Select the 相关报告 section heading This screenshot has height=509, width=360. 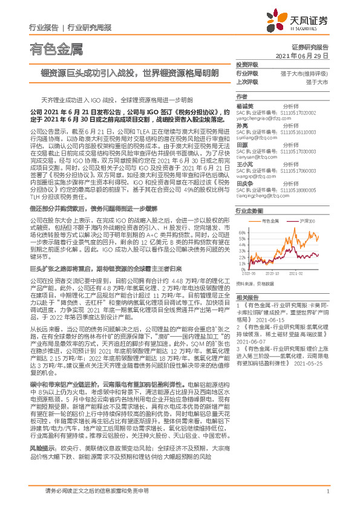pos(247,298)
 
